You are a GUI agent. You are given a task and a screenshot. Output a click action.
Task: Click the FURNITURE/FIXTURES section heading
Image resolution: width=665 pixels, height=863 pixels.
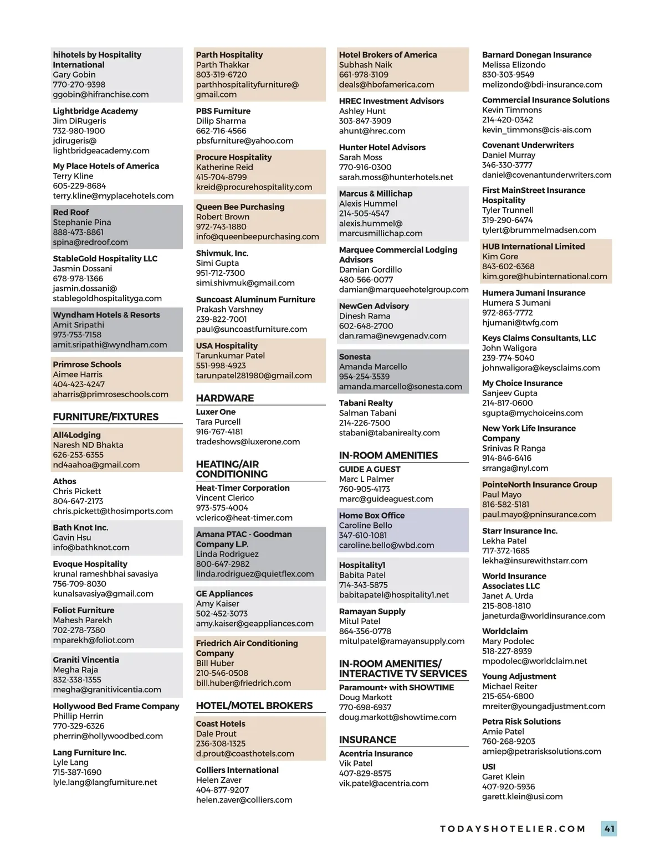click(105, 417)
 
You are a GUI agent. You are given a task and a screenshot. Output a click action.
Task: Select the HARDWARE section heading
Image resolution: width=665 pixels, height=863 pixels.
click(224, 398)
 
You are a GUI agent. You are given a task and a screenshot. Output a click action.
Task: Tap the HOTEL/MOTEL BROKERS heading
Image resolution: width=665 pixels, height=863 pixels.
click(254, 706)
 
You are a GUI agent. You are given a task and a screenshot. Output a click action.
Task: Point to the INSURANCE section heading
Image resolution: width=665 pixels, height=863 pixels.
click(367, 740)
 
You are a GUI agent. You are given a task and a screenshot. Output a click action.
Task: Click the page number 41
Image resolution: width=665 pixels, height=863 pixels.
click(609, 829)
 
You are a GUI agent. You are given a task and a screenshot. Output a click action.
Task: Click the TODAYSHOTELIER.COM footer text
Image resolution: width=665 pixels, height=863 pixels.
click(513, 829)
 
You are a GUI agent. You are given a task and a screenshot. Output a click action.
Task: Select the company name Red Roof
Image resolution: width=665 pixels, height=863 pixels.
click(70, 213)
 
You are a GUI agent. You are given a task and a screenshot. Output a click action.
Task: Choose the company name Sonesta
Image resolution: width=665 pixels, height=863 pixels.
click(355, 357)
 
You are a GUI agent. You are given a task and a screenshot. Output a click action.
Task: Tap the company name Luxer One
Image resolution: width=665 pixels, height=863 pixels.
click(216, 412)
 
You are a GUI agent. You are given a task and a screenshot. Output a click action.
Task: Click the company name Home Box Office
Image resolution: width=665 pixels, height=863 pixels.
click(371, 516)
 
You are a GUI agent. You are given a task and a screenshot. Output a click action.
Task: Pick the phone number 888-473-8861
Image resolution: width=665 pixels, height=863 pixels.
click(78, 233)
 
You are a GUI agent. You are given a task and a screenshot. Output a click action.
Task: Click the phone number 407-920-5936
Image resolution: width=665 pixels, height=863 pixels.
click(508, 787)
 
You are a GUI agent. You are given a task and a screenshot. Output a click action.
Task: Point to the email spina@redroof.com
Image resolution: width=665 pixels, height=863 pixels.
click(90, 243)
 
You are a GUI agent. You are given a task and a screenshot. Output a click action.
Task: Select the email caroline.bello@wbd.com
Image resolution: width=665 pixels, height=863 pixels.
click(386, 546)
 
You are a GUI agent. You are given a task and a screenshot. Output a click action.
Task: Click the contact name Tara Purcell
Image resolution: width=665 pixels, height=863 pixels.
click(218, 422)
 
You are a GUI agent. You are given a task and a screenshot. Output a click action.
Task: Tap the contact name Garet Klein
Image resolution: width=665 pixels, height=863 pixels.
click(503, 777)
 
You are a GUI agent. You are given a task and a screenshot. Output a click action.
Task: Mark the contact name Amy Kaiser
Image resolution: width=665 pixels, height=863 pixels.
click(217, 604)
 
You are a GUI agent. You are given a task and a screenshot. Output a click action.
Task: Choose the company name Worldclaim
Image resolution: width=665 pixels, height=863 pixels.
click(504, 631)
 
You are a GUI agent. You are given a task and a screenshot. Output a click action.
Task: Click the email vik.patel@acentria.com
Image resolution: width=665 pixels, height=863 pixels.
click(383, 784)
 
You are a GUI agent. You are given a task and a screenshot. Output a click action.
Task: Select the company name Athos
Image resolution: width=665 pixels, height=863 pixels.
click(64, 482)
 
